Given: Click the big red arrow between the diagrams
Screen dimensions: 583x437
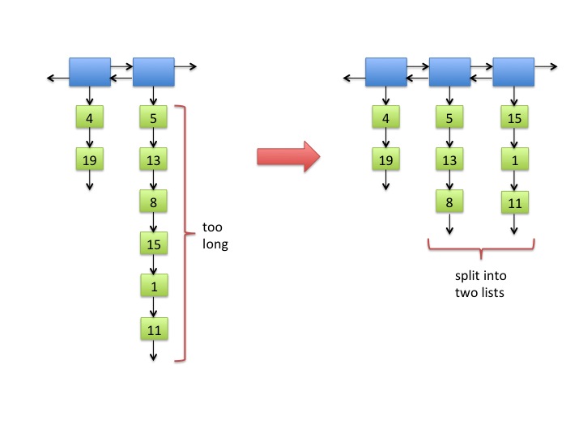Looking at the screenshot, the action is [288, 156].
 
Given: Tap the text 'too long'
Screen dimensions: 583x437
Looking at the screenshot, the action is [215, 235].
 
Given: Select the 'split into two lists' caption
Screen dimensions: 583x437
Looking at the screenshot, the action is [480, 284].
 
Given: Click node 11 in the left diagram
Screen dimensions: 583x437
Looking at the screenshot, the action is [155, 329].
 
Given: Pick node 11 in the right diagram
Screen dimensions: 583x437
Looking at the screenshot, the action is [515, 202].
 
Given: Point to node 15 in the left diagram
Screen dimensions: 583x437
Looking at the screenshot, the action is [154, 244].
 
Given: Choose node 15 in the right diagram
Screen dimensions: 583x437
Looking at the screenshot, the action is [515, 117].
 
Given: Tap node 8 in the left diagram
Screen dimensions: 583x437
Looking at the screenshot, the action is [153, 202].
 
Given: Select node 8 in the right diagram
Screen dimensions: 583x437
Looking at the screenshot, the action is [449, 202].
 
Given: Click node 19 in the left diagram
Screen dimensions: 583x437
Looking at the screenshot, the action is [90, 159].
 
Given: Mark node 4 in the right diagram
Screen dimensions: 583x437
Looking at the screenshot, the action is [386, 117].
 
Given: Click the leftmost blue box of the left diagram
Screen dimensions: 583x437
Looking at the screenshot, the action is [90, 72].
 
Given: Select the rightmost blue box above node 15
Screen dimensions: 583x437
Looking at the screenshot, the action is [513, 72].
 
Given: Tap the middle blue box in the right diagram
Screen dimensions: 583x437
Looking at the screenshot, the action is [450, 72].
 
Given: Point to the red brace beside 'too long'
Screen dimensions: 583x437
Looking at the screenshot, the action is [185, 233].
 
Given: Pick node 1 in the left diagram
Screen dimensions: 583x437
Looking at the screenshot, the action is [155, 286].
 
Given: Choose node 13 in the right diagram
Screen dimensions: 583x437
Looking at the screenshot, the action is [449, 159].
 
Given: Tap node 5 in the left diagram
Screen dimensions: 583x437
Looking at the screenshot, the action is [153, 117].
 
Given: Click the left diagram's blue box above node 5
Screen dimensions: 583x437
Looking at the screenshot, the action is [154, 72].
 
